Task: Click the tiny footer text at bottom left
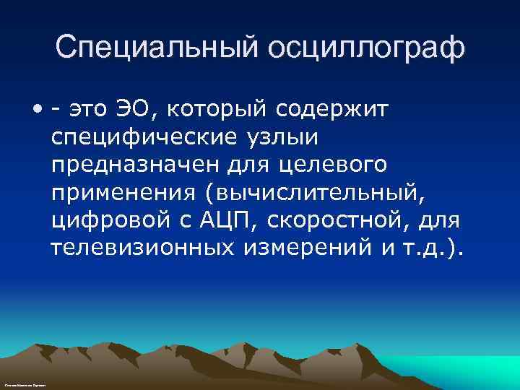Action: coord(25,386)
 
